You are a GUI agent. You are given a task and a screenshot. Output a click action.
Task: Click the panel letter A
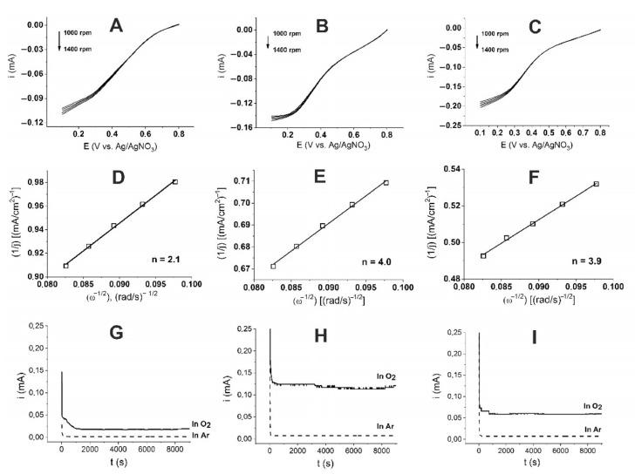(115, 26)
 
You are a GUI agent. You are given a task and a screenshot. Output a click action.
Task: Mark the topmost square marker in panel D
(174, 182)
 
